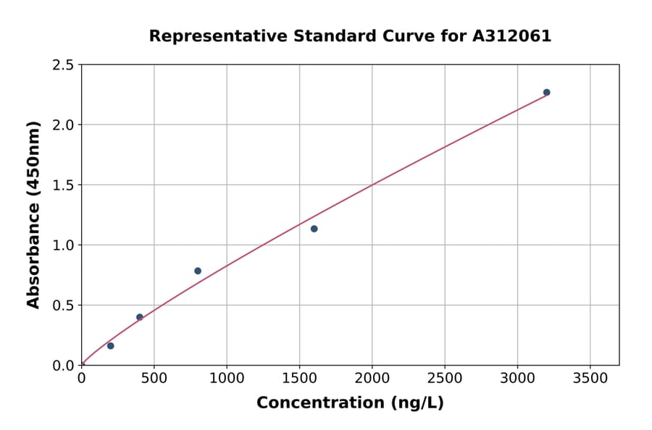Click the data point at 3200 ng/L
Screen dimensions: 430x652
point(546,93)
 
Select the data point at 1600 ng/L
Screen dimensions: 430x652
point(314,229)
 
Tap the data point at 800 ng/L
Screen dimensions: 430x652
point(198,271)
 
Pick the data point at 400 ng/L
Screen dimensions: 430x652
point(140,317)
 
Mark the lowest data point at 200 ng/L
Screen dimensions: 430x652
point(110,346)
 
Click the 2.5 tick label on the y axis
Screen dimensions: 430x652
point(64,65)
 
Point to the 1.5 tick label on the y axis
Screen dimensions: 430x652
point(64,185)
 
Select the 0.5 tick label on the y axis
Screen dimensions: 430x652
point(64,305)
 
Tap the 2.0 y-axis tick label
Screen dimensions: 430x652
point(64,125)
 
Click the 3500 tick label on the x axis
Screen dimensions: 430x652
point(590,379)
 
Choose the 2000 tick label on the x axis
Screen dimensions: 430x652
point(372,379)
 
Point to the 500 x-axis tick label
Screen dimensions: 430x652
point(154,379)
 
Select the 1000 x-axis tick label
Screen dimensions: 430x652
point(226,379)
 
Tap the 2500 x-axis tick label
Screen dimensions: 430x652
point(444,379)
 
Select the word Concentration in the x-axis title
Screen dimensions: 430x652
point(318,403)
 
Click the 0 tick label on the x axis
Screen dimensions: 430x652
point(81,379)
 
